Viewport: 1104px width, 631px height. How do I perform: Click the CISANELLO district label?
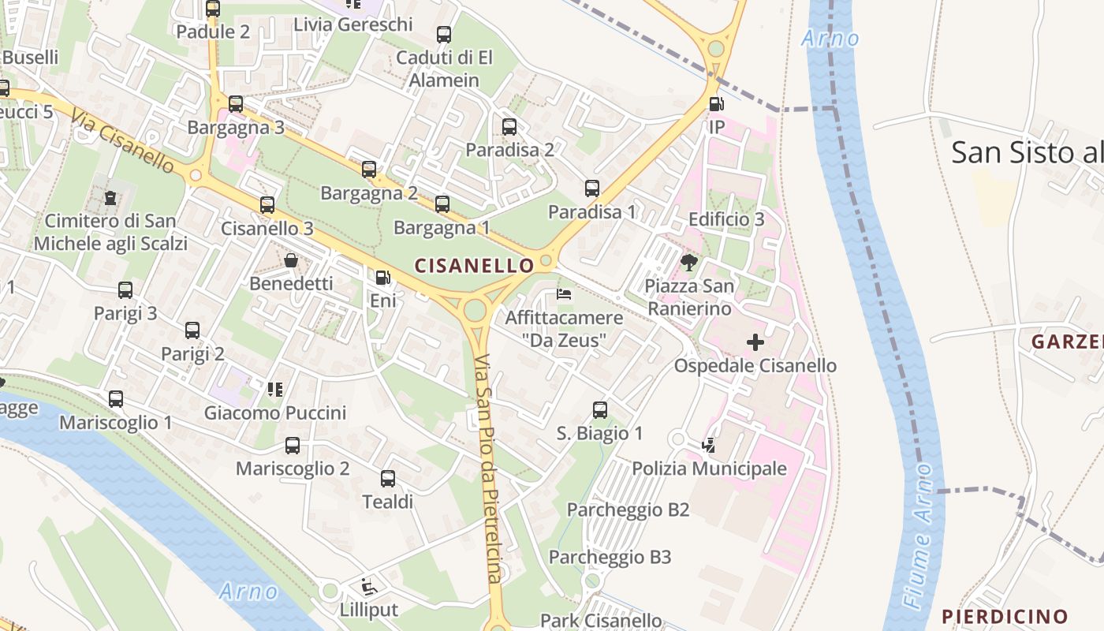pos(474,266)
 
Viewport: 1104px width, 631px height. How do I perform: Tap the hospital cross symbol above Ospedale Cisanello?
pos(755,342)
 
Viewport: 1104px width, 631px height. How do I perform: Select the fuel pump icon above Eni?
pos(382,277)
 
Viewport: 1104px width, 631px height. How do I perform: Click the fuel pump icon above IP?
pos(716,103)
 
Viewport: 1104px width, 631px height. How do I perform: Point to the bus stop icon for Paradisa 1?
pos(591,189)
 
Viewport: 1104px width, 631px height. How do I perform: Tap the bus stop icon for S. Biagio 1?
pos(599,410)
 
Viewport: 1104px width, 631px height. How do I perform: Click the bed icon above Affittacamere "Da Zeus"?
pos(564,294)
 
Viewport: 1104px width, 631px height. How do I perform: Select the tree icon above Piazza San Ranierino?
pos(689,262)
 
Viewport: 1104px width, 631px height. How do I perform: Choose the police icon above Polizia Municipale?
pos(709,446)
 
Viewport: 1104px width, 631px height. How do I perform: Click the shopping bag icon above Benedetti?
pos(291,260)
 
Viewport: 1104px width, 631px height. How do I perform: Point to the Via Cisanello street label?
pos(122,141)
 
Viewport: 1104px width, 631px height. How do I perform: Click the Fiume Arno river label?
pos(921,536)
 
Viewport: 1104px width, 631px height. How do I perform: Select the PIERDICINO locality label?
pos(1005,616)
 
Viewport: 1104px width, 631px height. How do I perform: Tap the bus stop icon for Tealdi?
pos(387,479)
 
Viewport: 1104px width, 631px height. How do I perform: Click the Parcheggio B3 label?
pos(610,557)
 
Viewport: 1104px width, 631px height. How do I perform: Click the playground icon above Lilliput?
pos(368,587)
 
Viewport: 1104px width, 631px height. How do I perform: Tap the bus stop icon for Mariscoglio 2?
pos(293,446)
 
